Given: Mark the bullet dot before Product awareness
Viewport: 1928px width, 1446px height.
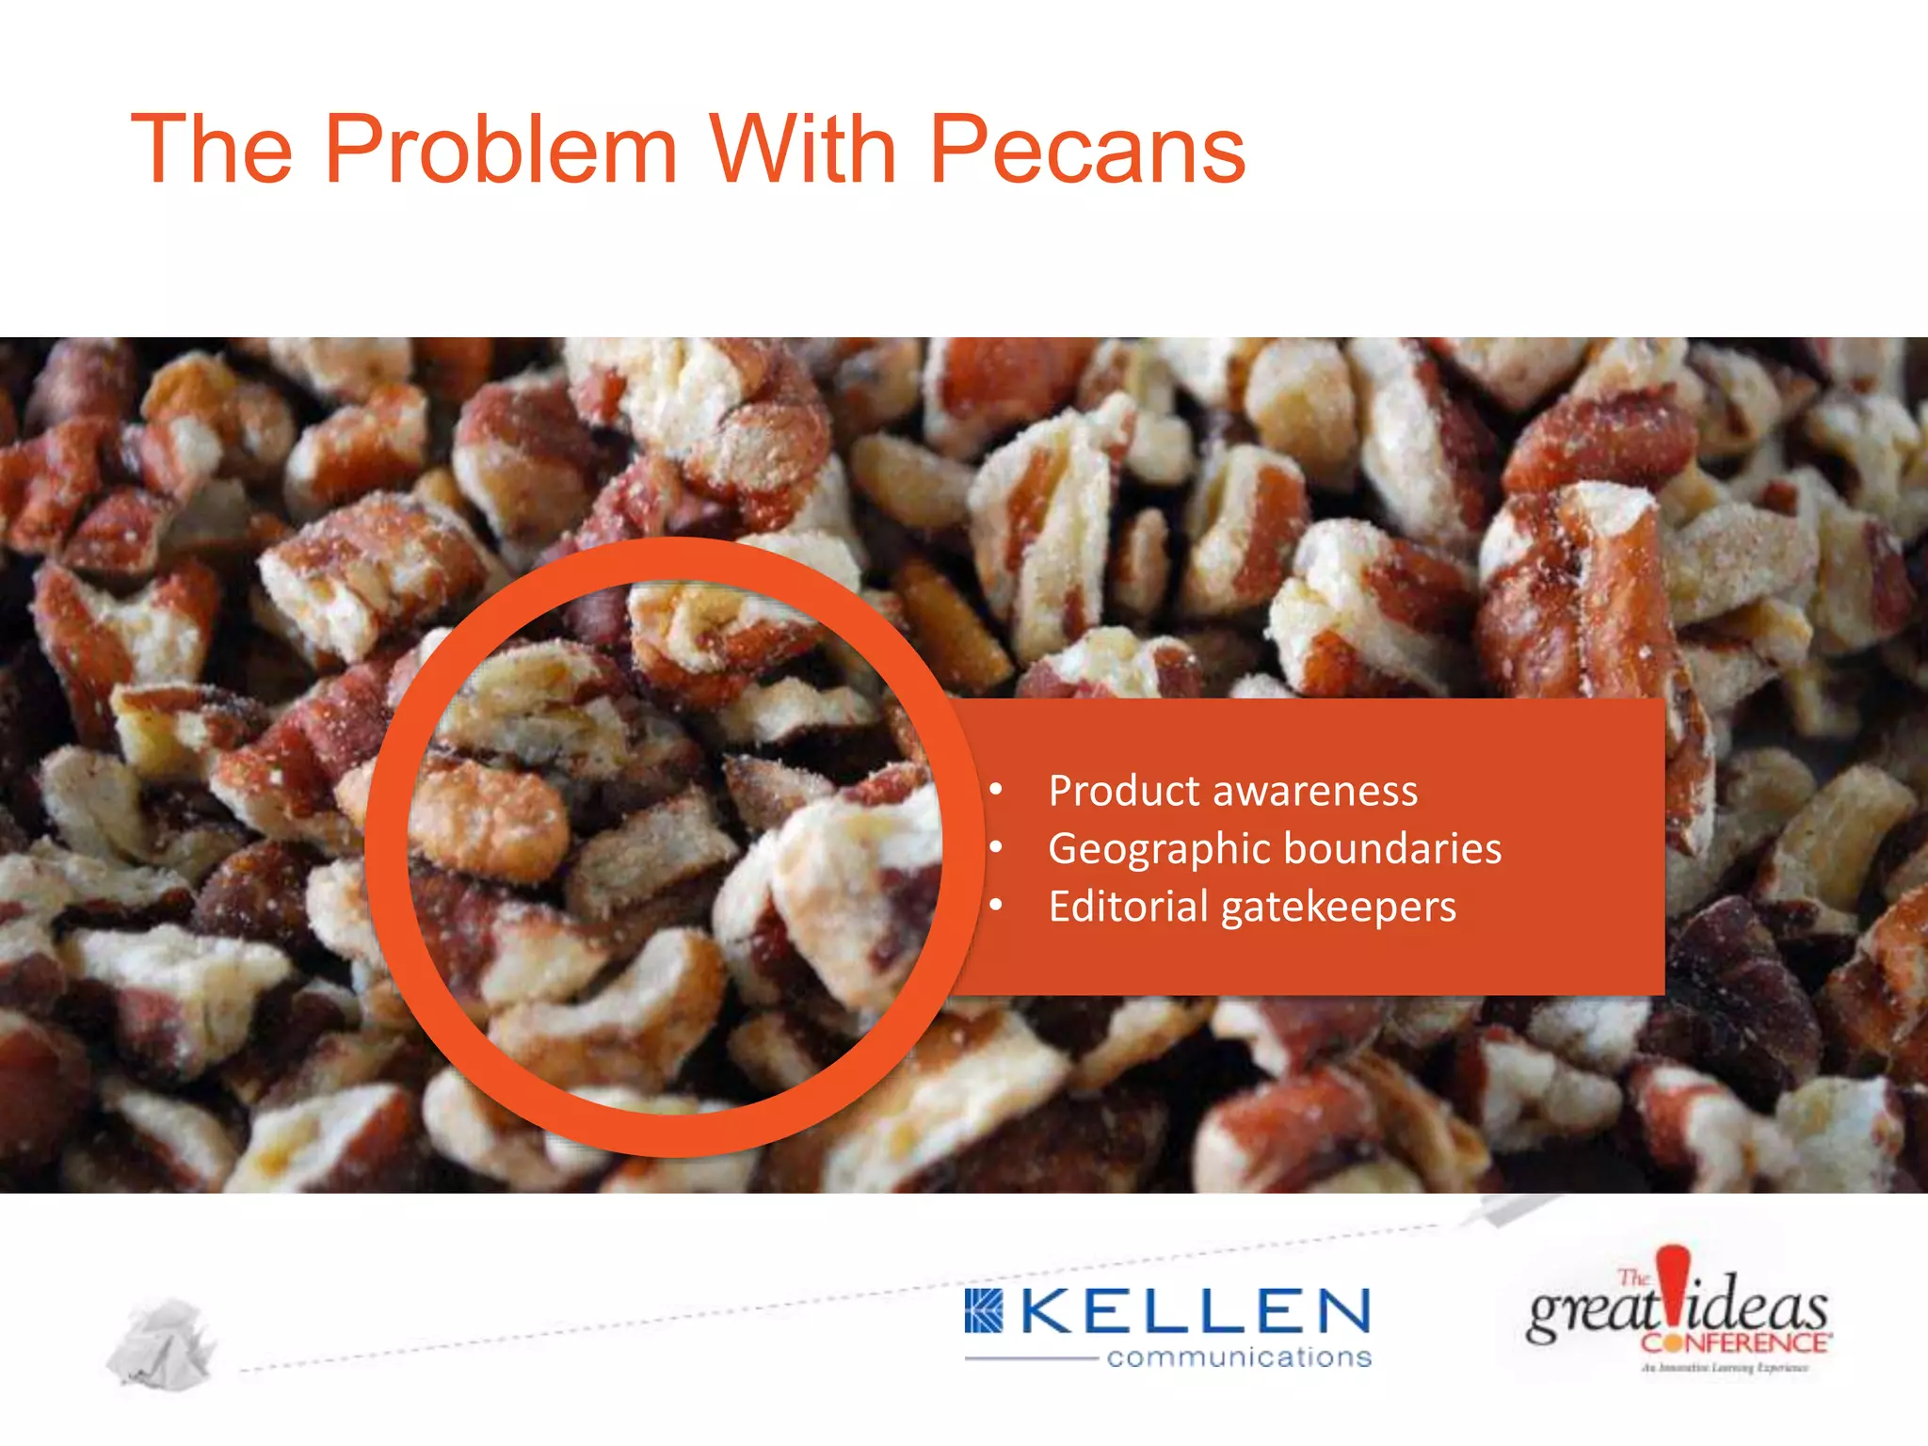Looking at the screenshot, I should [996, 790].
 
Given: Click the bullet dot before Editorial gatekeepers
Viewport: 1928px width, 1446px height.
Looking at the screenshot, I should [996, 906].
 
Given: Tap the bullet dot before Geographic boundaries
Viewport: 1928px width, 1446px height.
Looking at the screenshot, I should [996, 848].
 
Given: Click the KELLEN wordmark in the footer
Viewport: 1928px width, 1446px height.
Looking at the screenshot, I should [1196, 1312].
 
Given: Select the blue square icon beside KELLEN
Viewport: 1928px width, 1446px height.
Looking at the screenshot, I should [984, 1311].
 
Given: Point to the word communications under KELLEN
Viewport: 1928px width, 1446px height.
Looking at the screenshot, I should [1239, 1358].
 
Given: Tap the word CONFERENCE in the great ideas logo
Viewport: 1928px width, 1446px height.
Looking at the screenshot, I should [1735, 1342].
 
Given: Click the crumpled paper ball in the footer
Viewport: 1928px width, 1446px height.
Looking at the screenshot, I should [162, 1343].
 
